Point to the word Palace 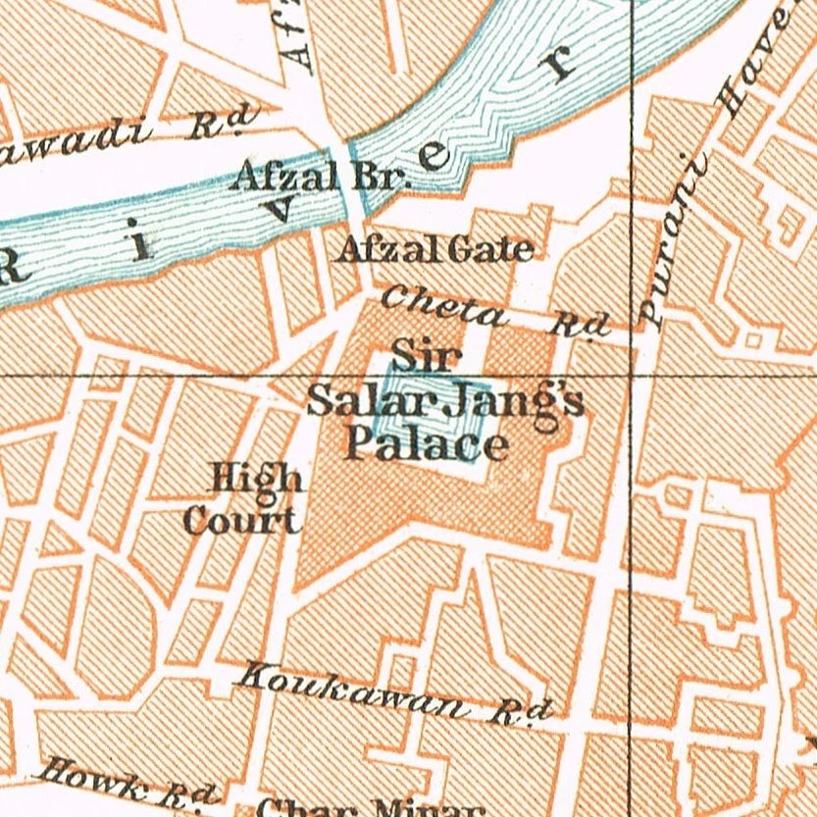coord(428,445)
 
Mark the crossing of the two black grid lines coord(630,375)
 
